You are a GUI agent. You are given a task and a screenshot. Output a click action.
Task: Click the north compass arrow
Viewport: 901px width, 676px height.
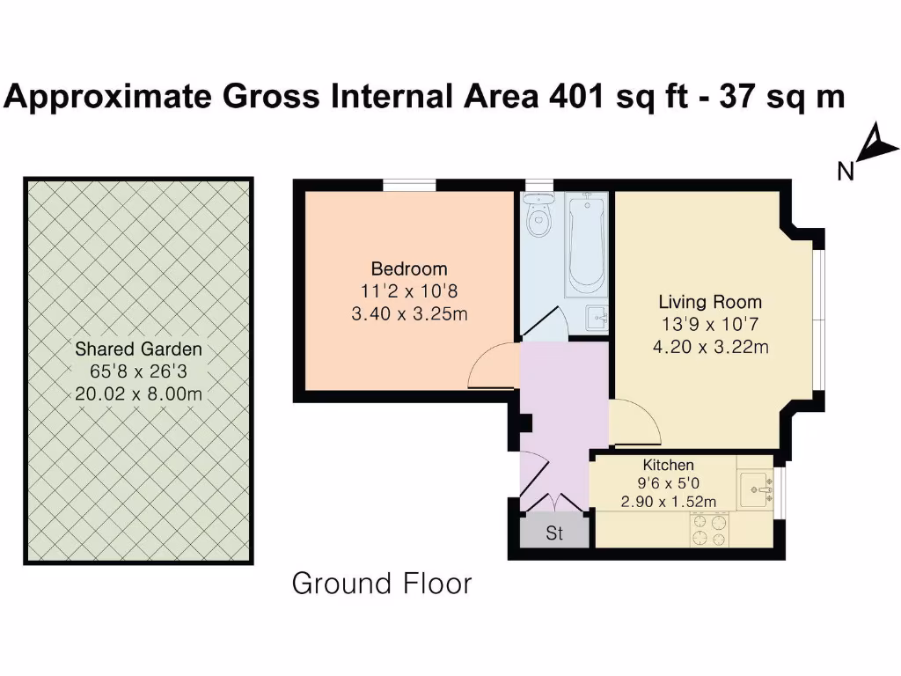pyautogui.click(x=876, y=145)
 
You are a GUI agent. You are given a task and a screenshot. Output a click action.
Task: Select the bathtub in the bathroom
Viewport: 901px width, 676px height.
pyautogui.click(x=585, y=243)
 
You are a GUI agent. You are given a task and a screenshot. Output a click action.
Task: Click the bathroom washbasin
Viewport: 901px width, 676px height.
pyautogui.click(x=597, y=314)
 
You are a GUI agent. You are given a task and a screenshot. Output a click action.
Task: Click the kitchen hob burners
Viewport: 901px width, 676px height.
pyautogui.click(x=710, y=529)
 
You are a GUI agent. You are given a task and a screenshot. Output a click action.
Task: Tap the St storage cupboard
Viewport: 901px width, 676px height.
pyautogui.click(x=554, y=533)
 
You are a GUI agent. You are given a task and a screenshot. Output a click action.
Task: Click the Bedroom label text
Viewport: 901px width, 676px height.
pyautogui.click(x=408, y=269)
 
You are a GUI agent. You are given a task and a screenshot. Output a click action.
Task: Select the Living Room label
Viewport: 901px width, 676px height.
pyautogui.click(x=710, y=302)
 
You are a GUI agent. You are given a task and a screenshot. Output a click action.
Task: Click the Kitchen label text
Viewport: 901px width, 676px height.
pyautogui.click(x=669, y=465)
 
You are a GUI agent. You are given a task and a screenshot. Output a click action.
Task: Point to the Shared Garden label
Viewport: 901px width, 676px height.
pyautogui.click(x=138, y=349)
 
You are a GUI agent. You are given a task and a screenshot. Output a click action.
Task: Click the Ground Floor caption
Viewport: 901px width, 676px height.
pyautogui.click(x=382, y=584)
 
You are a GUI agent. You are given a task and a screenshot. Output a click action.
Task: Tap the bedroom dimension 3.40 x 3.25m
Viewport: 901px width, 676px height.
pyautogui.click(x=408, y=313)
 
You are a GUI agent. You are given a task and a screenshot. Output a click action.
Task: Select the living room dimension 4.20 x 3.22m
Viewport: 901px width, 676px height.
pyautogui.click(x=710, y=347)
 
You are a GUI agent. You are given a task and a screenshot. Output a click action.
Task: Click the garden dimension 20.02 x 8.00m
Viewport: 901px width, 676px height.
pyautogui.click(x=138, y=394)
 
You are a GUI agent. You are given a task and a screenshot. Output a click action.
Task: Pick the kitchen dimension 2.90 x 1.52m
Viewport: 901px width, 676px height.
pyautogui.click(x=668, y=502)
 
